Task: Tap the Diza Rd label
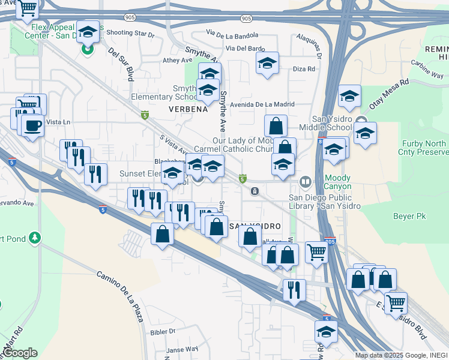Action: pos(304,69)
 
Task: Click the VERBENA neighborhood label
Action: pos(188,109)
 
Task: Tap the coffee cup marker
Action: pos(32,126)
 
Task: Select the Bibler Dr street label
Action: pos(163,331)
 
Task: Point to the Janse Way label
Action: pos(182,349)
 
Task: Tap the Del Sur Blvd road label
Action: pos(121,65)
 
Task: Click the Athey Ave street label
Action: pos(178,61)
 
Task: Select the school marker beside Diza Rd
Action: pos(267,63)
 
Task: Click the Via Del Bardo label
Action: pos(246,48)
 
